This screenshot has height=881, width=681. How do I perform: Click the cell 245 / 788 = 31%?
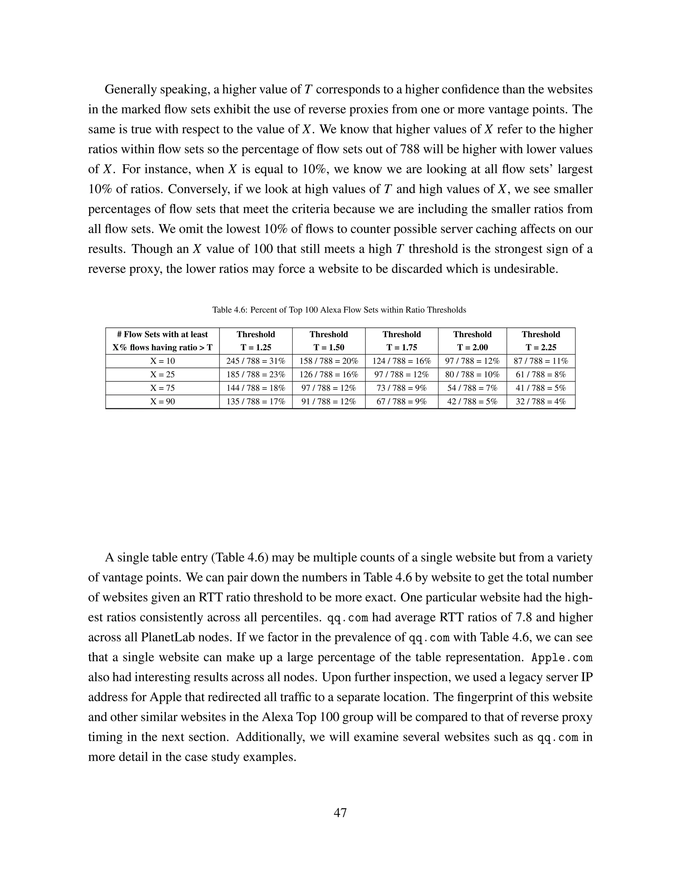tap(256, 361)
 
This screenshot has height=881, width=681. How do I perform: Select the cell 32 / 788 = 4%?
tap(541, 401)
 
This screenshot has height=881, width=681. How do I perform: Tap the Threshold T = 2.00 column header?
tap(472, 341)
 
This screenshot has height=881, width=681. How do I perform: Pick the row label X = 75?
tap(162, 388)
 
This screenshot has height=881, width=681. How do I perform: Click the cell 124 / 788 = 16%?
tap(401, 361)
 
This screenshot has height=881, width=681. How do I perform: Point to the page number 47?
tap(340, 813)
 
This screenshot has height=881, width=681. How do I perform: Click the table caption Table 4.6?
tap(339, 310)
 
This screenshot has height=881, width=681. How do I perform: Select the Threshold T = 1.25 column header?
tap(256, 341)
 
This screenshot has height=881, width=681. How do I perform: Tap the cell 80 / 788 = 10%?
tap(472, 374)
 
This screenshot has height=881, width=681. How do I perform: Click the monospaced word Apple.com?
tap(562, 658)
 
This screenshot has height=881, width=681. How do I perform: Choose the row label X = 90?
tap(162, 401)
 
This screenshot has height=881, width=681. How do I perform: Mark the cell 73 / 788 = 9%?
tap(401, 388)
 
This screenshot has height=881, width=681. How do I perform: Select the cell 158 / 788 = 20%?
tap(329, 361)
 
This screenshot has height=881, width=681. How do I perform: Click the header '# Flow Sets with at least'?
tap(162, 334)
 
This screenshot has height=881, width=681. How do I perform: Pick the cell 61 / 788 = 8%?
tap(541, 374)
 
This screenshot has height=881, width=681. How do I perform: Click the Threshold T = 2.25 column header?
tap(541, 341)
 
